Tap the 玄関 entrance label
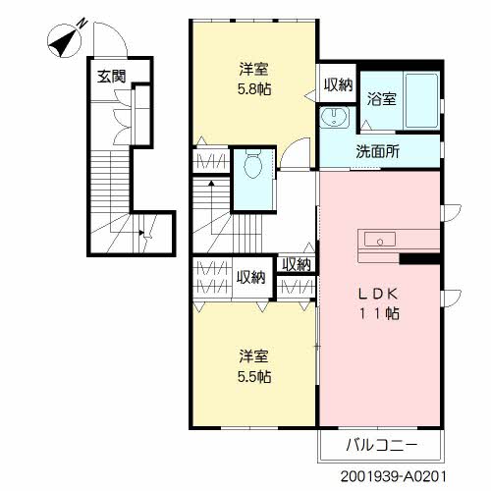coord(109,75)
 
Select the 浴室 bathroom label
coord(381,99)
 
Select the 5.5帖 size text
coord(253,376)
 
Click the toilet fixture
coord(253,164)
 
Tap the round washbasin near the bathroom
coord(334,119)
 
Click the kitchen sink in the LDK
coord(380,240)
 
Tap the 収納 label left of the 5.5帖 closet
coord(249,277)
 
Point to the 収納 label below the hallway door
coord(296,264)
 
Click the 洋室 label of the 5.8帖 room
coord(253,70)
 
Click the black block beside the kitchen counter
coord(418,259)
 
